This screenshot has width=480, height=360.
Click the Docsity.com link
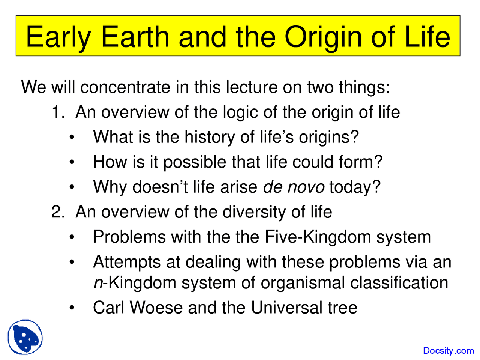(448, 351)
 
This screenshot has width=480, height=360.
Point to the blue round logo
(25, 337)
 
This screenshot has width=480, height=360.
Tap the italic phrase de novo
(294, 187)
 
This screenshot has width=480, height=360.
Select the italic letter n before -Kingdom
(97, 283)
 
